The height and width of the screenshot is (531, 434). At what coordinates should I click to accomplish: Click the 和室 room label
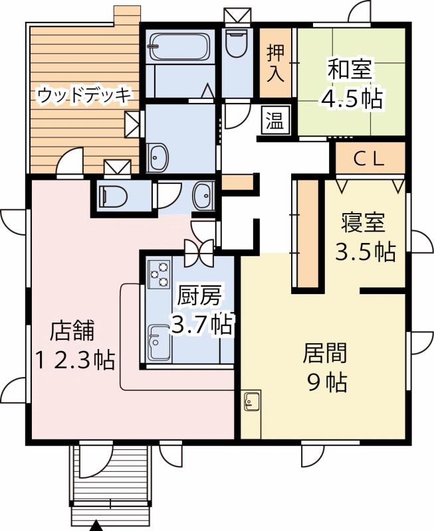(350, 69)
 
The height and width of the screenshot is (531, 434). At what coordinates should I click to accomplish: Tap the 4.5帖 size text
(350, 98)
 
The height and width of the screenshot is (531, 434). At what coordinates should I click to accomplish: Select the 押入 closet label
(276, 63)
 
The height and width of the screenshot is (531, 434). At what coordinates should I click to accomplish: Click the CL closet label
(369, 159)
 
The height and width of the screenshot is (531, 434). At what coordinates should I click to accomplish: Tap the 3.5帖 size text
(364, 252)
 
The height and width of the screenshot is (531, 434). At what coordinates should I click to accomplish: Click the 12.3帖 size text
(74, 360)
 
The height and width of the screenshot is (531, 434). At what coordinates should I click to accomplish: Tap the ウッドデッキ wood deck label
(84, 94)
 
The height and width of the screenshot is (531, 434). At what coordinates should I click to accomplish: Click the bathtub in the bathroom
(179, 46)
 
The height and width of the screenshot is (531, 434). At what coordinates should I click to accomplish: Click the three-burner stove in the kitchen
(160, 275)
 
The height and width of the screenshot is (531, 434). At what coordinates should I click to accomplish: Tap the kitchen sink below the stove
(159, 342)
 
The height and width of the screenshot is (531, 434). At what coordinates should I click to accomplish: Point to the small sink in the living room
(253, 401)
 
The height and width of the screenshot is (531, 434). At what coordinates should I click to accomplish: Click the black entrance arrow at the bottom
(98, 526)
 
